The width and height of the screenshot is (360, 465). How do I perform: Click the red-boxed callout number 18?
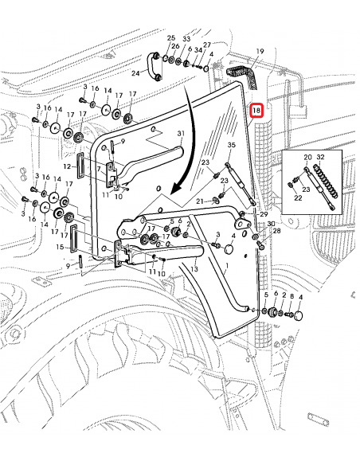(x=256, y=111)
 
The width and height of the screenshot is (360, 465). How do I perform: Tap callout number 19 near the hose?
(x=260, y=51)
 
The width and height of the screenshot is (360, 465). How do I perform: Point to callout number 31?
(x=181, y=134)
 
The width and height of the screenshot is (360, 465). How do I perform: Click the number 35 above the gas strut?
(x=232, y=145)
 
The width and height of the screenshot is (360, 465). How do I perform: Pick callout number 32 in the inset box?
(x=320, y=157)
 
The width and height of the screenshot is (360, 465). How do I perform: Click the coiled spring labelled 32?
(x=327, y=180)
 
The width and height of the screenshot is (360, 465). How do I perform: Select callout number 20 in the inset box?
(x=307, y=157)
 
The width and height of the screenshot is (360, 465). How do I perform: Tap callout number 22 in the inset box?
(x=298, y=197)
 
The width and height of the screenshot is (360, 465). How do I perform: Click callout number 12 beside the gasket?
(x=67, y=166)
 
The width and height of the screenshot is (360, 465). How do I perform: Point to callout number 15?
(x=60, y=247)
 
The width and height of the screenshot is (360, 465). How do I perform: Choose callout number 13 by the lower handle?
(x=194, y=269)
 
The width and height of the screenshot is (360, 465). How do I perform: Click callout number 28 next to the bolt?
(x=276, y=231)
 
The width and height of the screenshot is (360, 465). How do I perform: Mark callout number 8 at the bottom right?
(x=292, y=295)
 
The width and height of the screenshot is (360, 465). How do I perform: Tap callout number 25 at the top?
(x=171, y=37)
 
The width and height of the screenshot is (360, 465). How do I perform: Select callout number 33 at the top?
(x=186, y=38)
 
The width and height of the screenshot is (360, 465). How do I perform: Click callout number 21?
(x=200, y=201)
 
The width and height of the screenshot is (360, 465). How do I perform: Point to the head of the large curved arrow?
(x=174, y=190)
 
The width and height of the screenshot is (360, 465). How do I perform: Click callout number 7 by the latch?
(x=99, y=169)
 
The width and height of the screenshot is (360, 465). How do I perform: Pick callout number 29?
(x=264, y=214)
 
